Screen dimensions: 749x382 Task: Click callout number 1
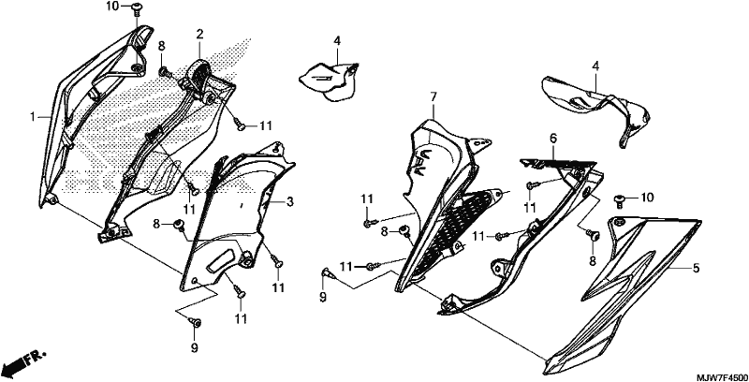tap(33, 116)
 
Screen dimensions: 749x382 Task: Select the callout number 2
tap(199, 34)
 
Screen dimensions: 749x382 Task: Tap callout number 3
tap(290, 202)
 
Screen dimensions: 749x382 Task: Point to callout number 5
tap(696, 269)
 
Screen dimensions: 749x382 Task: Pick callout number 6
tap(553, 139)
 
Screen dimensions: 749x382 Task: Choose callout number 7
tap(433, 97)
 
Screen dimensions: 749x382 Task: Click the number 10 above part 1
tap(111, 7)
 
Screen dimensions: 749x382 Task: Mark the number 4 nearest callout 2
tap(337, 40)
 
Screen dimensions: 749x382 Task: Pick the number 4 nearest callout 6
tap(595, 66)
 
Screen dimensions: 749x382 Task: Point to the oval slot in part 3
tap(224, 261)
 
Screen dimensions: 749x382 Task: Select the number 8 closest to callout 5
tap(593, 260)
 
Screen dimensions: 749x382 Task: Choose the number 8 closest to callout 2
tap(161, 46)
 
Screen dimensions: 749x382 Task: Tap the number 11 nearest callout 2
tap(266, 125)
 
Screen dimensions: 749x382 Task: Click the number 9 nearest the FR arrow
tap(195, 348)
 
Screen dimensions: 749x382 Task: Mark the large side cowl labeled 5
tap(621, 294)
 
